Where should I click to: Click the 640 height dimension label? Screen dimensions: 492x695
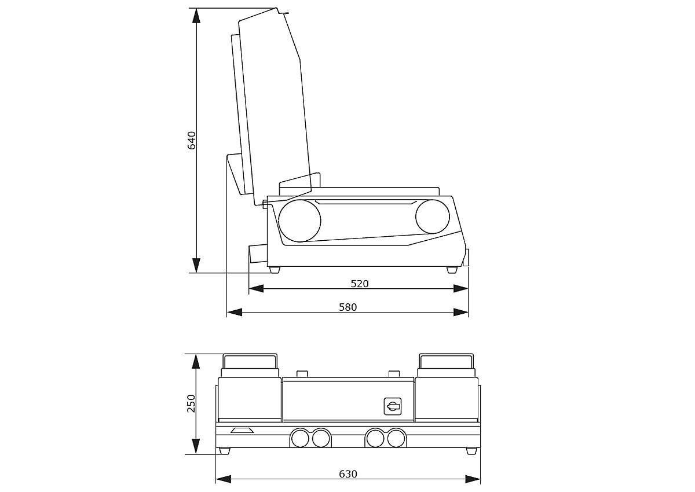point(192,141)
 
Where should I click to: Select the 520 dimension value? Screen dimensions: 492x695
point(360,284)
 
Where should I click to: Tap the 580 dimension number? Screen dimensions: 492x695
point(348,307)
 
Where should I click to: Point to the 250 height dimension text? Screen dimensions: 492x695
point(192,403)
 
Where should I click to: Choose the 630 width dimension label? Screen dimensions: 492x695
point(348,474)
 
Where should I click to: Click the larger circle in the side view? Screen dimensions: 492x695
point(299,221)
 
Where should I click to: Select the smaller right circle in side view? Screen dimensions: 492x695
point(433,216)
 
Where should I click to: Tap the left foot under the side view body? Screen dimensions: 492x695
point(275,270)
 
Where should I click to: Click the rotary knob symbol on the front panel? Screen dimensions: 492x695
point(393,406)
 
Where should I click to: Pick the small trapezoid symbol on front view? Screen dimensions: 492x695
point(242,431)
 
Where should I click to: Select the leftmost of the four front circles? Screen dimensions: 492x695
point(300,439)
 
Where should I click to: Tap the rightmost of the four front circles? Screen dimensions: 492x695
point(396,439)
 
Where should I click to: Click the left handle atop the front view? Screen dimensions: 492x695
point(250,363)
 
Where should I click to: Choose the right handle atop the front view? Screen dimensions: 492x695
point(447,363)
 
